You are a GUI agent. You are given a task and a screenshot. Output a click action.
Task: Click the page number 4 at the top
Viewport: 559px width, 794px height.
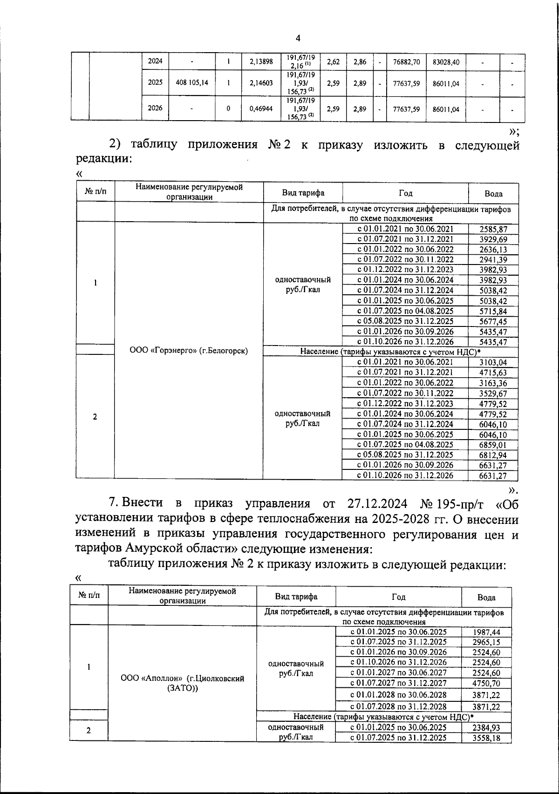298,38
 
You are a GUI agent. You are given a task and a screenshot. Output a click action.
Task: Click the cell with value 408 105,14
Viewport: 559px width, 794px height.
192,83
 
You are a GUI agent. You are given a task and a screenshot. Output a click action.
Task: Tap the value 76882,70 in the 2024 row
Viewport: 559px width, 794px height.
406,61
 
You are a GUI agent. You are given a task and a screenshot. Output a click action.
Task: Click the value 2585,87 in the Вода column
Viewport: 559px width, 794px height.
493,229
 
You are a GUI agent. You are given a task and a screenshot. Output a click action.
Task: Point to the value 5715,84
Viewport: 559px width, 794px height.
493,311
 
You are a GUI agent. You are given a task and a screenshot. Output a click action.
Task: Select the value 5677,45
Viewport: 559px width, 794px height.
493,321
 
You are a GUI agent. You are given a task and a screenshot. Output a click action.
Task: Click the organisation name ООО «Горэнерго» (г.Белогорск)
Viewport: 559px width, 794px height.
188,351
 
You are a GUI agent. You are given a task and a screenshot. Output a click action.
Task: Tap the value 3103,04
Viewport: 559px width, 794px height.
493,362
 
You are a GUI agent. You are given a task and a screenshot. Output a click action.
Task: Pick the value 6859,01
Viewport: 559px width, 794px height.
493,445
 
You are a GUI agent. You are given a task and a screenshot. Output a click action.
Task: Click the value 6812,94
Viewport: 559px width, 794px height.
493,455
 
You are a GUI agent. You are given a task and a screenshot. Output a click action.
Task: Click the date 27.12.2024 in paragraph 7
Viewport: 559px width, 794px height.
377,503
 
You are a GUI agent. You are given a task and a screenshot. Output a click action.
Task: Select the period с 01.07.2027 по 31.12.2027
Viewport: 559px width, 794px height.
398,683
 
